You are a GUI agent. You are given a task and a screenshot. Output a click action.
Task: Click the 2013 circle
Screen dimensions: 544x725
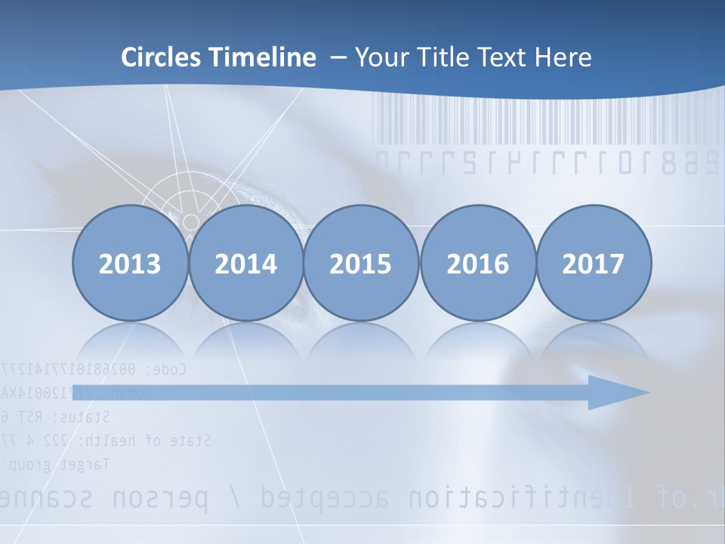pos(130,263)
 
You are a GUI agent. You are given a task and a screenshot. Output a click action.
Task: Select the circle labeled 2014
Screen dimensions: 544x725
pos(245,263)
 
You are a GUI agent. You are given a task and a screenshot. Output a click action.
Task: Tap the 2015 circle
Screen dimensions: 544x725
pos(361,263)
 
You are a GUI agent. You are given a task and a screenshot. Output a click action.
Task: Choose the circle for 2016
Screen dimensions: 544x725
pos(477,263)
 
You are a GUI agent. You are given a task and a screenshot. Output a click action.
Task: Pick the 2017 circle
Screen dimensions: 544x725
pos(593,263)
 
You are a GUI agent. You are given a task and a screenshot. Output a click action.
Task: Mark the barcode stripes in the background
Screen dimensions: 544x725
pos(544,121)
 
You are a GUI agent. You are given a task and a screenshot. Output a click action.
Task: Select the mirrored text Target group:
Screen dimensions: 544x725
pos(57,463)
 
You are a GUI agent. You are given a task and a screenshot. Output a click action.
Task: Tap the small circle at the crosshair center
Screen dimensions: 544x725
pos(191,222)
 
